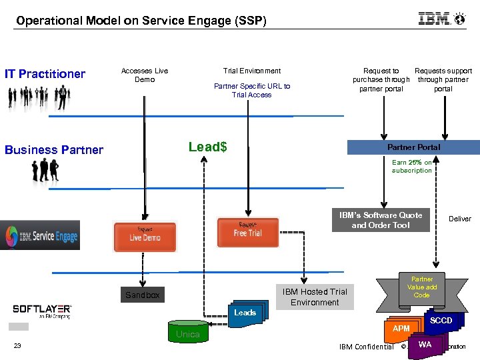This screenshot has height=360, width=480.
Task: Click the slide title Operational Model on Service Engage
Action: tap(141, 21)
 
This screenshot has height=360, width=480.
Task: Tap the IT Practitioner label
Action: tap(45, 74)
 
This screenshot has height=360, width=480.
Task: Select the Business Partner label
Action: tap(54, 150)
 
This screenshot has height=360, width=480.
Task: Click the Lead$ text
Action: tap(207, 147)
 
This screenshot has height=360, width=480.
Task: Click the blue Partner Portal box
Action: tap(413, 147)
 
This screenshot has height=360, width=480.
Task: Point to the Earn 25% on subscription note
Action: tap(411, 167)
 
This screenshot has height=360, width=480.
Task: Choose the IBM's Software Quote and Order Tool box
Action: tap(381, 220)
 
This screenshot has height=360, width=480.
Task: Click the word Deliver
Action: tap(459, 219)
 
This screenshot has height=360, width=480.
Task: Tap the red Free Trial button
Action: tap(247, 232)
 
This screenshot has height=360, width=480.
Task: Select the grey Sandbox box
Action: tap(143, 295)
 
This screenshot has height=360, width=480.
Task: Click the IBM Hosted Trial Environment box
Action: tap(315, 297)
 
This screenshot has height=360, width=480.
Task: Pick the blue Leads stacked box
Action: tap(245, 313)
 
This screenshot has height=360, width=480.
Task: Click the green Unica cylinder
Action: tap(187, 334)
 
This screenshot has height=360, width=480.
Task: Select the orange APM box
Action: tap(401, 329)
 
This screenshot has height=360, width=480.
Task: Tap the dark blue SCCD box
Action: tap(441, 321)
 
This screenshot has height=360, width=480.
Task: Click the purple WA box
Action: tap(425, 345)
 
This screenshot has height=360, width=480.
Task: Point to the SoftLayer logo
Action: tap(42, 310)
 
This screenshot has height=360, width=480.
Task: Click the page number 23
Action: tap(17, 345)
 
